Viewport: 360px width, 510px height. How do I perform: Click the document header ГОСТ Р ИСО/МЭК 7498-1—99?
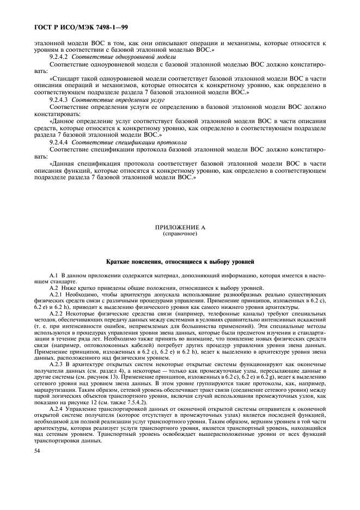point(81,27)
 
